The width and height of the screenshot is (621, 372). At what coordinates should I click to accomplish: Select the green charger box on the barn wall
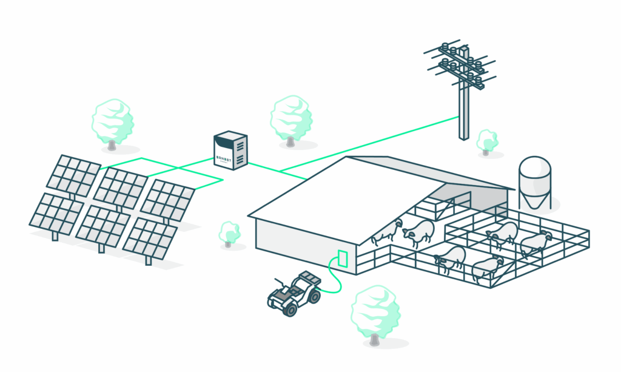pyautogui.click(x=342, y=257)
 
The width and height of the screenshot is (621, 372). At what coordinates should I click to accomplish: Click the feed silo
pyautogui.click(x=534, y=181)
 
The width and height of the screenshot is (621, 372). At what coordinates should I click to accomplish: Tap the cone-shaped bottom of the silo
pyautogui.click(x=534, y=200)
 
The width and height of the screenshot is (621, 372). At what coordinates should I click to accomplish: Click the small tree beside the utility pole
pyautogui.click(x=487, y=141)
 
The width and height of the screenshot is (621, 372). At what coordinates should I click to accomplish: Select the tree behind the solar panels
pyautogui.click(x=112, y=121)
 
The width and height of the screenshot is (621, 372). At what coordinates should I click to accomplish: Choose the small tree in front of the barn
pyautogui.click(x=229, y=233)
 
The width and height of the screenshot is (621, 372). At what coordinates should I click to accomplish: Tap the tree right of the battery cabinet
pyautogui.click(x=291, y=118)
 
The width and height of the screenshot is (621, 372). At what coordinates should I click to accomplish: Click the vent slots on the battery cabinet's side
pyautogui.click(x=241, y=152)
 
